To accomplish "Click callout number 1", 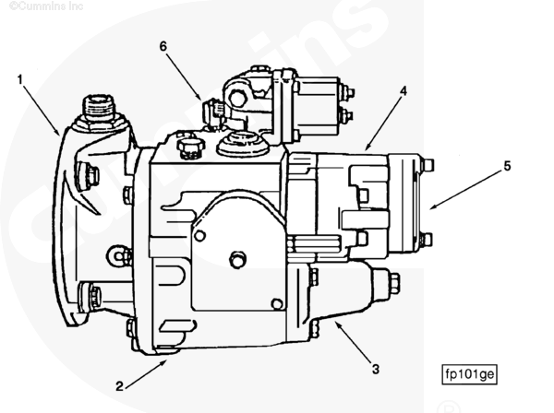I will pyautogui.click(x=19, y=78).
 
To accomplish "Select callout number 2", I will pyautogui.click(x=120, y=385).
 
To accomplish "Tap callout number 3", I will pyautogui.click(x=376, y=370).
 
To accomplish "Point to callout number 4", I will pyautogui.click(x=403, y=91).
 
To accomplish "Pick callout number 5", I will pyautogui.click(x=506, y=167).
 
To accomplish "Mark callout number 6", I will pyautogui.click(x=163, y=45).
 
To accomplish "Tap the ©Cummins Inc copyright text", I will pyautogui.click(x=34, y=6).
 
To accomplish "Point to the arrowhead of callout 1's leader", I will pyautogui.click(x=61, y=135).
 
